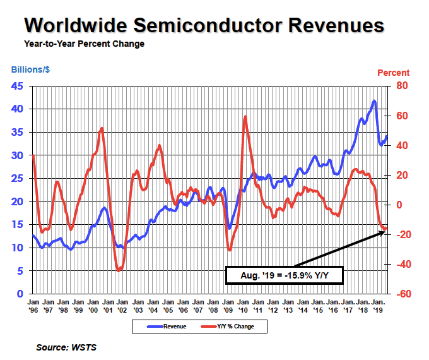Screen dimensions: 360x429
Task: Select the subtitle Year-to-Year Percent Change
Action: (x=84, y=44)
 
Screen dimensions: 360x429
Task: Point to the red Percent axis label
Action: (x=393, y=73)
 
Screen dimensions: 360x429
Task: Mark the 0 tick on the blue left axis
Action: (x=20, y=294)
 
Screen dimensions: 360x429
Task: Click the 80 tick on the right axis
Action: (x=402, y=86)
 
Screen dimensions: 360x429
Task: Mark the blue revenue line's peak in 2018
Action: (x=374, y=101)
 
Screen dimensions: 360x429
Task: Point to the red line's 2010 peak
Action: (x=245, y=117)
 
